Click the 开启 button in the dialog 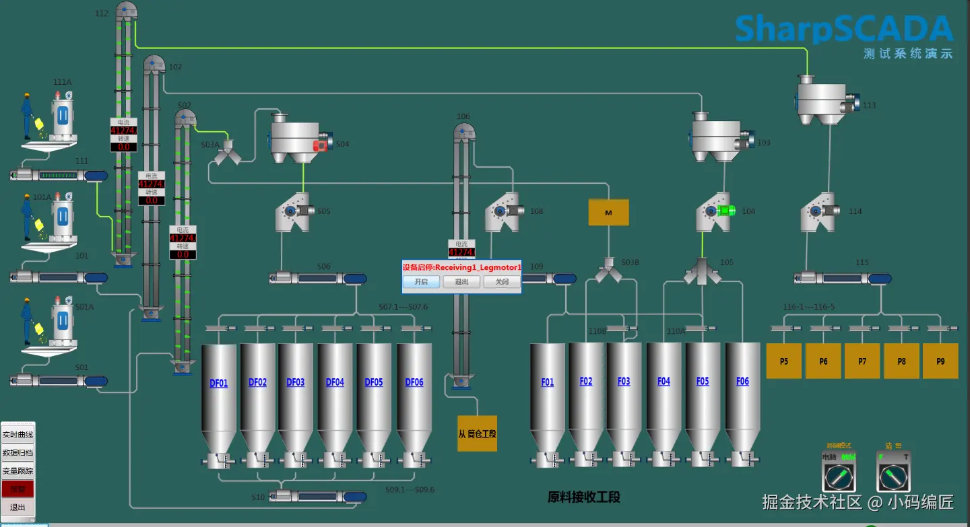pyautogui.click(x=421, y=282)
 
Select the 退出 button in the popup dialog pyautogui.click(x=461, y=282)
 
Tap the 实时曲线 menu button pyautogui.click(x=18, y=435)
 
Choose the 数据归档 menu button pyautogui.click(x=18, y=453)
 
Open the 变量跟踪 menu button pyautogui.click(x=18, y=471)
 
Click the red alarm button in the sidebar pyautogui.click(x=18, y=489)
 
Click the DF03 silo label pyautogui.click(x=296, y=382)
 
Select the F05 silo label pyautogui.click(x=703, y=382)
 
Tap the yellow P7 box pyautogui.click(x=862, y=361)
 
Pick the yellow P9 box pyautogui.click(x=940, y=361)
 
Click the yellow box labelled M pyautogui.click(x=608, y=213)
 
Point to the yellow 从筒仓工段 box pyautogui.click(x=477, y=434)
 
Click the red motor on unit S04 pyautogui.click(x=321, y=145)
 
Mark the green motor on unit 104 pyautogui.click(x=727, y=211)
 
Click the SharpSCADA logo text pyautogui.click(x=843, y=29)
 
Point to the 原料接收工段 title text pyautogui.click(x=583, y=497)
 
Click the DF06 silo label pyautogui.click(x=414, y=382)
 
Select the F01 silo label pyautogui.click(x=548, y=382)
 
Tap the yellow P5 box pyautogui.click(x=784, y=361)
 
